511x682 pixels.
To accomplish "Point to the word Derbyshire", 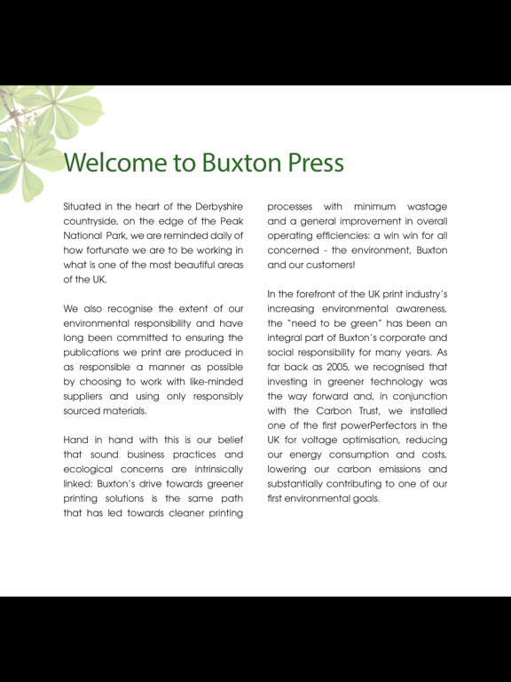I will [x=212, y=206].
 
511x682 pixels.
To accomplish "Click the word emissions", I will [x=397, y=470].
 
